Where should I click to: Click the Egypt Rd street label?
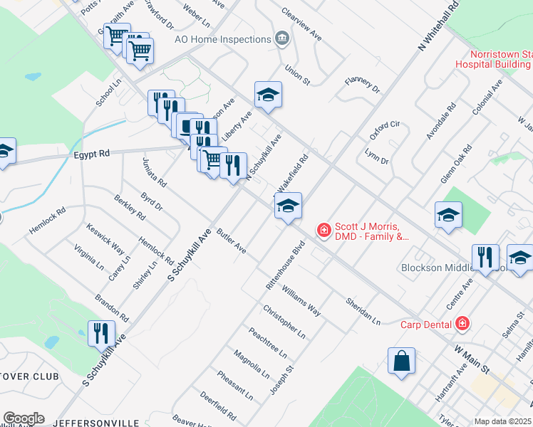coord(90,153)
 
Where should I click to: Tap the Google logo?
coord(24,418)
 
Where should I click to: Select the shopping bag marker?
coord(401,360)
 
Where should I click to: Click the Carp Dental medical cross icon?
coord(462,324)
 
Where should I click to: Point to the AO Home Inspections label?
coord(222,38)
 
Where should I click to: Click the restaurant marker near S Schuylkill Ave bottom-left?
coord(101,333)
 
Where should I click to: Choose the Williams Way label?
coord(301,300)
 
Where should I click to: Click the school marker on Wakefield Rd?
coord(287,207)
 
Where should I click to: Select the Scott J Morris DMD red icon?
coord(324,230)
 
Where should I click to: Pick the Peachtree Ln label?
coord(267,342)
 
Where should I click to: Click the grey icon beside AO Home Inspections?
coord(283,38)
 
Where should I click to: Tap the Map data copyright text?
coord(503,421)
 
